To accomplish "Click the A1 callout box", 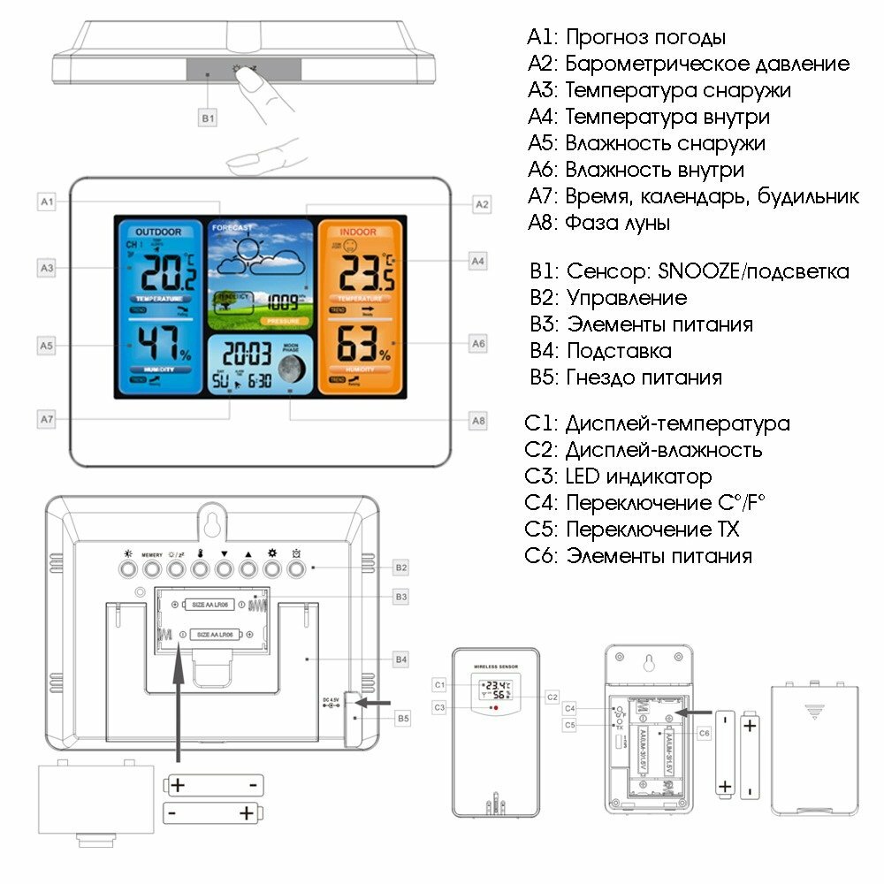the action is [48, 202].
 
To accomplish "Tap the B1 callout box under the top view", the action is [208, 117].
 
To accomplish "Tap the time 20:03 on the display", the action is [247, 355].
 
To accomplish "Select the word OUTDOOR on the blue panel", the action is [158, 232].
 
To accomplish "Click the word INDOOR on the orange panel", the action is [358, 232].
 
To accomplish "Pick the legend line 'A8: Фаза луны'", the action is [598, 223].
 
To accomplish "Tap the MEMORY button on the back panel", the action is [152, 568].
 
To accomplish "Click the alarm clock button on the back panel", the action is [296, 568].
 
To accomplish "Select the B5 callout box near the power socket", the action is [402, 719].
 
